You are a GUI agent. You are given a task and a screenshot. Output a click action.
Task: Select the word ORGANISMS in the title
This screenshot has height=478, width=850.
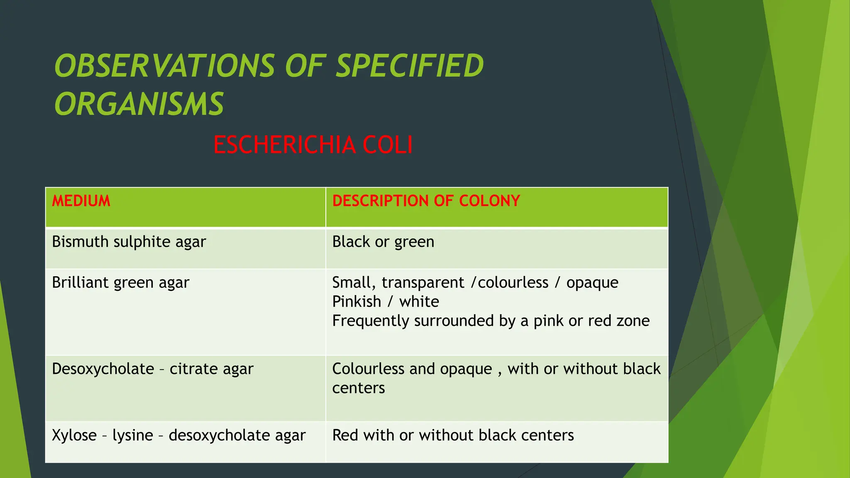pyautogui.click(x=139, y=104)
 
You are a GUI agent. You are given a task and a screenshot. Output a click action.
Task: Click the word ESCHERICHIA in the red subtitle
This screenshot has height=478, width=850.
pyautogui.click(x=284, y=145)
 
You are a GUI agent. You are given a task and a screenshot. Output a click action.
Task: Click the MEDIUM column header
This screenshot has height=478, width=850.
pyautogui.click(x=81, y=201)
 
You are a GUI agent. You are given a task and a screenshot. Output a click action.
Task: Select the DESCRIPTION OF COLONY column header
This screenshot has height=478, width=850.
pyautogui.click(x=426, y=201)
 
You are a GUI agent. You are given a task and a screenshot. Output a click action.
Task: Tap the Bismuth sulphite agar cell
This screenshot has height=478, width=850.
pyautogui.click(x=129, y=242)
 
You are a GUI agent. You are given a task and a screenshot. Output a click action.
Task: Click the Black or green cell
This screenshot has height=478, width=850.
pyautogui.click(x=383, y=242)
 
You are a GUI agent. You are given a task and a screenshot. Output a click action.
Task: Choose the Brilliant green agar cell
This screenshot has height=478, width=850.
pyautogui.click(x=120, y=283)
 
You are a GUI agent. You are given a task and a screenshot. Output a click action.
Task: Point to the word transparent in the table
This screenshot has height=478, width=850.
pyautogui.click(x=423, y=283)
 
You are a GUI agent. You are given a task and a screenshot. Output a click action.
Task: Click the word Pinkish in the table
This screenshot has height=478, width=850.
pyautogui.click(x=357, y=302)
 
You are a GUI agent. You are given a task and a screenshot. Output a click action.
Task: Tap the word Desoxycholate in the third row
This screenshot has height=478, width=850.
pyautogui.click(x=103, y=369)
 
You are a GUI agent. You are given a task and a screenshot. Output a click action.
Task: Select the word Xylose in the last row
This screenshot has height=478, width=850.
pyautogui.click(x=74, y=435)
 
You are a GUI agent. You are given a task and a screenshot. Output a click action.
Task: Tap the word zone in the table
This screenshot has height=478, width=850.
pyautogui.click(x=633, y=321)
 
